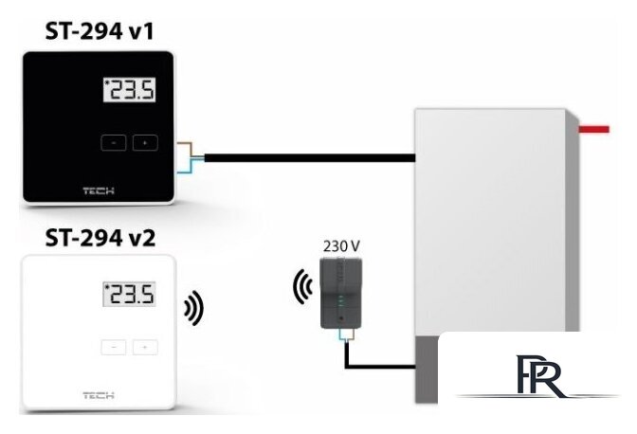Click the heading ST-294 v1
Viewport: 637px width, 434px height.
click(100, 31)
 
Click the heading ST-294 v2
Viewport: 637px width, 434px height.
click(100, 238)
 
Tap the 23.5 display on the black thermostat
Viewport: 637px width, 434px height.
click(130, 90)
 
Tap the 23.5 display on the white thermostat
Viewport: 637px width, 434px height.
click(130, 294)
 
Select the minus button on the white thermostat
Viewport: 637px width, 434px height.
click(114, 347)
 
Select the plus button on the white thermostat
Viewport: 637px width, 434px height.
click(145, 347)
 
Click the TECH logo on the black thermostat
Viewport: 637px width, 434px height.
click(99, 190)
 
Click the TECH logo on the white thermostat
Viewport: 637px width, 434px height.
click(99, 395)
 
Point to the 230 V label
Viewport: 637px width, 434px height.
click(341, 246)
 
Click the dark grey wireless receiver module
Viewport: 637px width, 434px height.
click(341, 293)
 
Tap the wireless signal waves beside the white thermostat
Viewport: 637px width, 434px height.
click(194, 308)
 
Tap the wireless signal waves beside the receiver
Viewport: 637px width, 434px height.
click(302, 286)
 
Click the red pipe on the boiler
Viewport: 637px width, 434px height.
click(594, 130)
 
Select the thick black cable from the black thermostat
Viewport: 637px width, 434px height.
click(310, 158)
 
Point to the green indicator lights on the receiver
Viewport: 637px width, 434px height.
click(341, 302)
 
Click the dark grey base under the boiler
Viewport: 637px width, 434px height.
click(427, 369)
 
